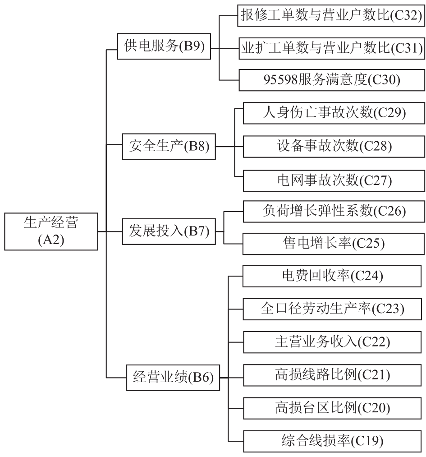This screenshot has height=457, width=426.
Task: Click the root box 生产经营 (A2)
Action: point(51,231)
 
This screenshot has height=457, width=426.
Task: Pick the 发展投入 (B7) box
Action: point(169,231)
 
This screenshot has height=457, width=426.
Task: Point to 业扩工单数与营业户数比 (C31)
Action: point(331,47)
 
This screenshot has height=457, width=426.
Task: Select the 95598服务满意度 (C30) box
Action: point(331,80)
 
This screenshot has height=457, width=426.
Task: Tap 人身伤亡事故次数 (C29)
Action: point(334,113)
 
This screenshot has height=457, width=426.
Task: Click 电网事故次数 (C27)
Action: point(334,180)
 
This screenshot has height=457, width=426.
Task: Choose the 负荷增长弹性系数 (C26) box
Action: point(334,211)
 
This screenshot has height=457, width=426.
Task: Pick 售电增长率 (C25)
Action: point(334,244)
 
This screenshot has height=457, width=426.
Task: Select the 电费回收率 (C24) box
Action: point(334,275)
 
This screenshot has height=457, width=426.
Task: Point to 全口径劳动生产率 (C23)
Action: point(334,309)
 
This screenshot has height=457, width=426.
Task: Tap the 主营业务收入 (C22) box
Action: point(334,342)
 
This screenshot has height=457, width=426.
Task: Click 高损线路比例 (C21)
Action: point(334,375)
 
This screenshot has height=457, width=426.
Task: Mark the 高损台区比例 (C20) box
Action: point(334,408)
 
